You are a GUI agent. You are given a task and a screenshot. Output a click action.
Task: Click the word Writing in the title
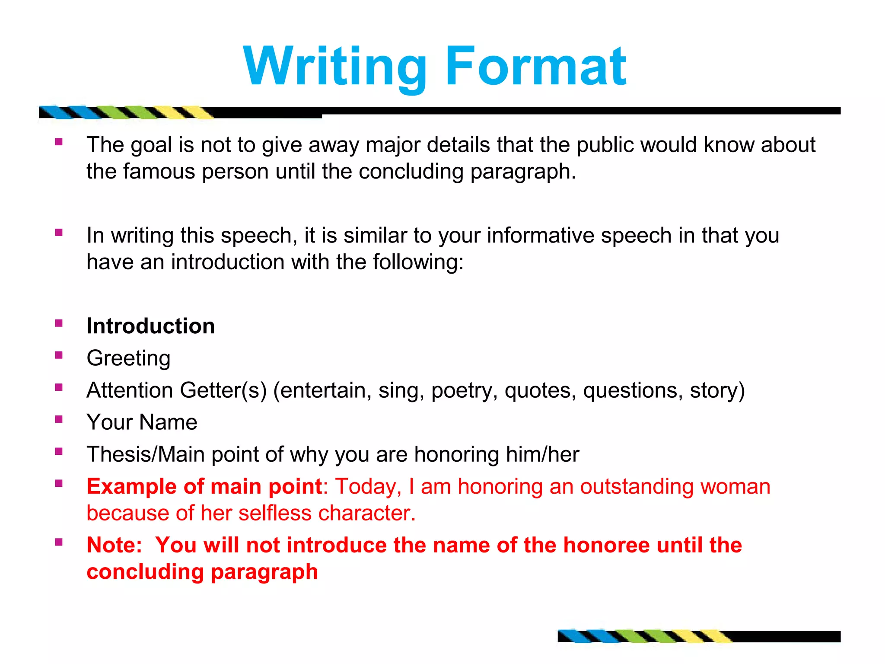(335, 67)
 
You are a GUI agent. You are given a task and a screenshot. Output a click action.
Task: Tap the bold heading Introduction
(150, 326)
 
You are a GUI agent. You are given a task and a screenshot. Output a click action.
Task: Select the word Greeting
(128, 358)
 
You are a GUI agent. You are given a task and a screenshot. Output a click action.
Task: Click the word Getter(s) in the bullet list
(223, 390)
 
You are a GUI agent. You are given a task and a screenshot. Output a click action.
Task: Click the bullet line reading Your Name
(142, 422)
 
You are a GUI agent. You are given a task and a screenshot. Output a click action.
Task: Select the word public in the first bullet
(605, 145)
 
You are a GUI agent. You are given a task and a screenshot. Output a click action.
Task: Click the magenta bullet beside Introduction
(59, 323)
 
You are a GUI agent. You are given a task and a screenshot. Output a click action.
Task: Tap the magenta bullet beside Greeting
(59, 355)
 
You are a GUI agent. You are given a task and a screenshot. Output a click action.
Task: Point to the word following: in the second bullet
(418, 262)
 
